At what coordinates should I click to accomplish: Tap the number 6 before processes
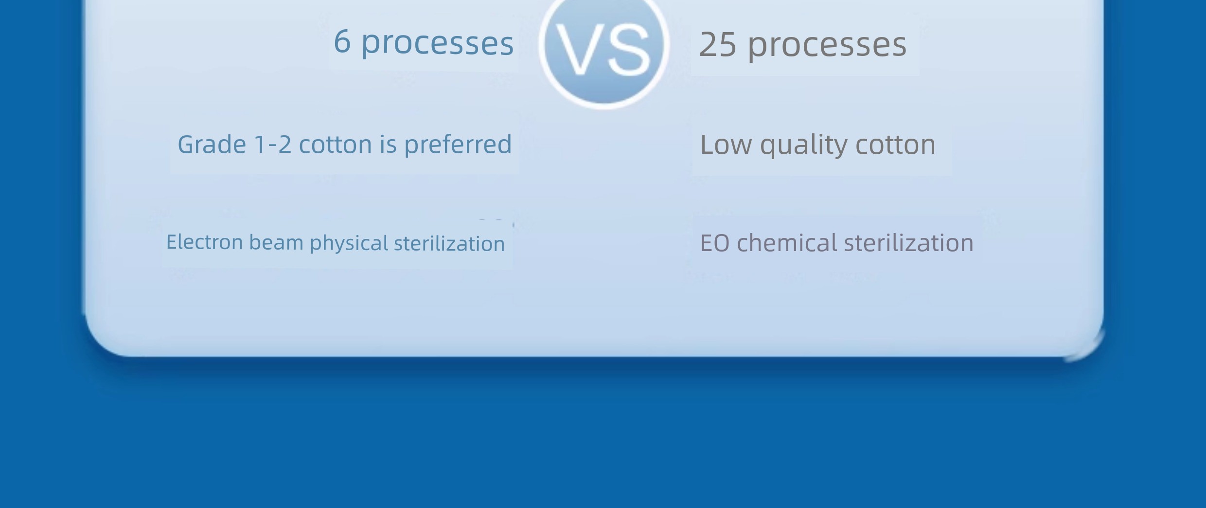[342, 41]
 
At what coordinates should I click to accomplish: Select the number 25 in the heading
[717, 45]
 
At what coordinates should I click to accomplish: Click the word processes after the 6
[437, 44]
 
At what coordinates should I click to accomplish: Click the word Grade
[212, 145]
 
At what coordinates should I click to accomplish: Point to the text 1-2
[272, 145]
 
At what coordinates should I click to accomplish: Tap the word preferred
[458, 145]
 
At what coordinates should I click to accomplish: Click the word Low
[726, 145]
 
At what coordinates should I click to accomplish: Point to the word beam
[276, 242]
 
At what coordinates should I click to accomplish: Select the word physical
[349, 243]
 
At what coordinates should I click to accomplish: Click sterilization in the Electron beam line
[449, 244]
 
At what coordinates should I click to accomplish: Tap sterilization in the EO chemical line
[908, 243]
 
